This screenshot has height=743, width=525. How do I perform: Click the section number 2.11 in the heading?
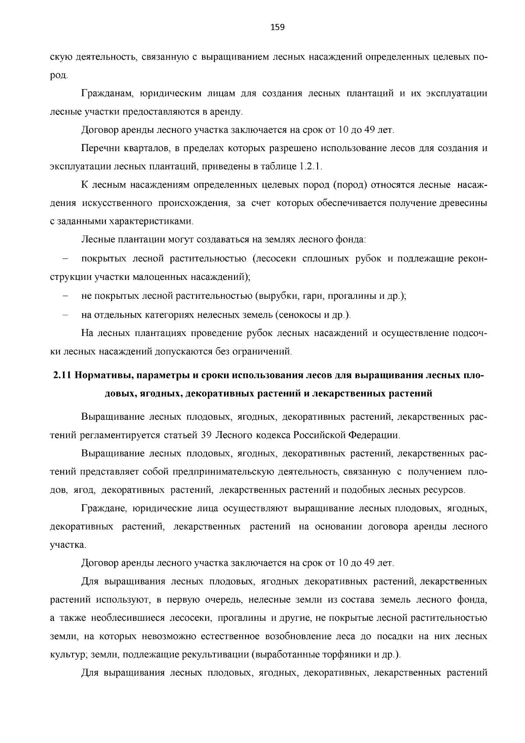(62, 375)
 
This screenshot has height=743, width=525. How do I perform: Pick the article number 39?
(206, 435)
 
